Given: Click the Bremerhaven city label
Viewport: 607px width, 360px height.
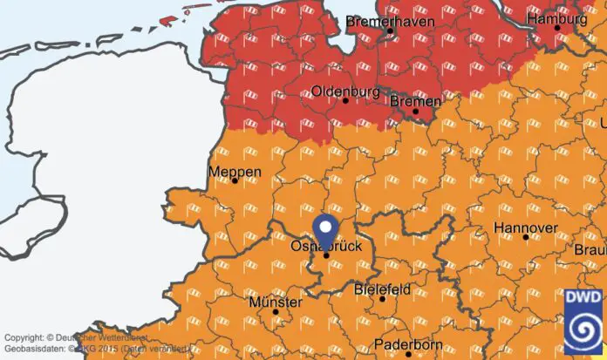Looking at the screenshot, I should click(x=390, y=20).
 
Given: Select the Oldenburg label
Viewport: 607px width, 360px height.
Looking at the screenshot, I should click(x=346, y=91).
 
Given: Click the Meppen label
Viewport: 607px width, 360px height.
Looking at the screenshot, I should click(x=235, y=172).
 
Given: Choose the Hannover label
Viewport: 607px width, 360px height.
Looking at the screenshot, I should click(x=525, y=227).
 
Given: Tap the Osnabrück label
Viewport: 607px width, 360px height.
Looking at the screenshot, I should click(x=325, y=247).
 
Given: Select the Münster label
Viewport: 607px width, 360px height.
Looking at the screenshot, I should click(x=276, y=302).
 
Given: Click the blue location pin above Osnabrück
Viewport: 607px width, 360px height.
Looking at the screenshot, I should click(x=326, y=229).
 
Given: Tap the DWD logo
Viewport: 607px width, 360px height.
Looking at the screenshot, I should click(x=581, y=322).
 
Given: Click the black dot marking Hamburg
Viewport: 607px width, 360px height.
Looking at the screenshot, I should click(x=557, y=28).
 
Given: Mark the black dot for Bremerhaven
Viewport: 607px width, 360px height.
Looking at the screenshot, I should click(x=391, y=31).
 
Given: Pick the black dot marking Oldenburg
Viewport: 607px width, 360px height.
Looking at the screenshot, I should click(x=346, y=101).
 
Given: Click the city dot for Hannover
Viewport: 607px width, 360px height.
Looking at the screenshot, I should click(x=525, y=237).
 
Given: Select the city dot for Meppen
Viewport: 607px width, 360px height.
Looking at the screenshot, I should click(x=235, y=181).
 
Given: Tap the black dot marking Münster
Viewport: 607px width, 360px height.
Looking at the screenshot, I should click(x=276, y=312).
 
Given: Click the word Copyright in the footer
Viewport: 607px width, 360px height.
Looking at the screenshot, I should click(x=22, y=337).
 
